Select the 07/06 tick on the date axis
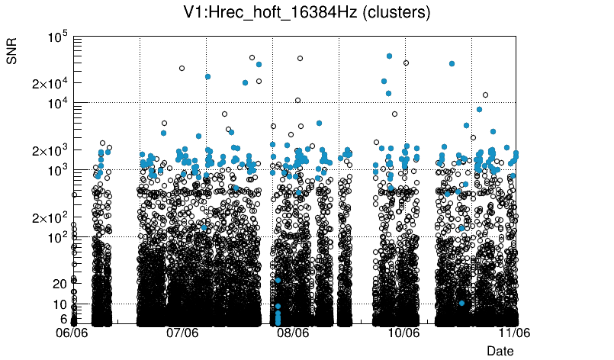pyautogui.click(x=182, y=333)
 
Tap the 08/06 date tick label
pyautogui.click(x=293, y=333)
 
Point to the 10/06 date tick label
pyautogui.click(x=403, y=333)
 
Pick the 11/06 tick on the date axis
pyautogui.click(x=514, y=333)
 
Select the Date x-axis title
pyautogui.click(x=500, y=351)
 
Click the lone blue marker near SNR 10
pyautogui.click(x=461, y=303)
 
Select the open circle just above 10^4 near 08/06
pyautogui.click(x=297, y=100)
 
